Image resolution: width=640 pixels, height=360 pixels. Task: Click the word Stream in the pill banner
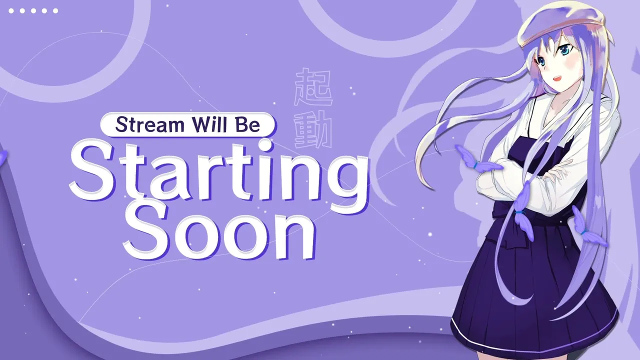tap(149, 124)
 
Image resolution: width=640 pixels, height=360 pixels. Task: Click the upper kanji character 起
tap(313, 87)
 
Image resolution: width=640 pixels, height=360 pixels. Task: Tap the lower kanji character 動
tap(313, 129)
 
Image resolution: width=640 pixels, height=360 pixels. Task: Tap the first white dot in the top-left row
tap(11, 11)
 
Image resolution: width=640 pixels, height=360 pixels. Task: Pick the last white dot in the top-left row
tap(55, 11)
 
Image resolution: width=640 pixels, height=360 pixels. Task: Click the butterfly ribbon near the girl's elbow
tap(476, 160)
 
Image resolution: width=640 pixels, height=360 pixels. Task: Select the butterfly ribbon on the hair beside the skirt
tap(588, 227)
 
